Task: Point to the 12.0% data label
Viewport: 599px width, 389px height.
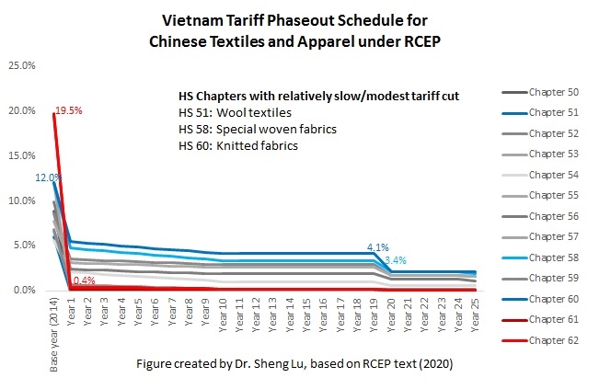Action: pos(48,177)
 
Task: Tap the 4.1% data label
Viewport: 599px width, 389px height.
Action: pos(378,247)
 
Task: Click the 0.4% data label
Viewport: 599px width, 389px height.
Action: pos(84,280)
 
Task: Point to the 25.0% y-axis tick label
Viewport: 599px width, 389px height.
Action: pos(22,65)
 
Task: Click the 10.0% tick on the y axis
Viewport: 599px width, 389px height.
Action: pos(22,200)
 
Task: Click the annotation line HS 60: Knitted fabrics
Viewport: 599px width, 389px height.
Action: pos(237,145)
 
